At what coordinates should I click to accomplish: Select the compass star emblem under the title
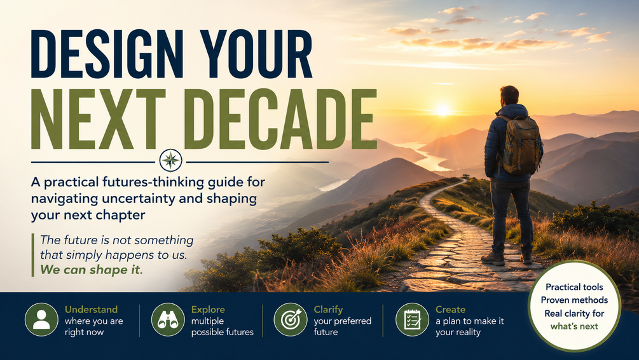pyautogui.click(x=171, y=160)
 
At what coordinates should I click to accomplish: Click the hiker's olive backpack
pyautogui.click(x=521, y=145)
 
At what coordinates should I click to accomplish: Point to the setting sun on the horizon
pyautogui.click(x=443, y=110)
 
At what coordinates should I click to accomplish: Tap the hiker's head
pyautogui.click(x=510, y=95)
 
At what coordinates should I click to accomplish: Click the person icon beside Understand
pyautogui.click(x=41, y=320)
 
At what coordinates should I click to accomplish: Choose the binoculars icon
pyautogui.click(x=168, y=320)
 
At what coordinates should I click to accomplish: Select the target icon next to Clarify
pyautogui.click(x=290, y=320)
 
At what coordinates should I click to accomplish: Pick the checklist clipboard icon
pyautogui.click(x=413, y=320)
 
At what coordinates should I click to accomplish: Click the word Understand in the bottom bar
pyautogui.click(x=92, y=310)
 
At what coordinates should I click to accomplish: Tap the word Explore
pyautogui.click(x=208, y=310)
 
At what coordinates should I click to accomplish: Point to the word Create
pyautogui.click(x=450, y=310)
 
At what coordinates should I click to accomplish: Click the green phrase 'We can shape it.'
pyautogui.click(x=92, y=270)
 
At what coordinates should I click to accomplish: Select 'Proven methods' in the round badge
pyautogui.click(x=574, y=300)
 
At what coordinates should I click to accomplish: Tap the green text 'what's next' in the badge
pyautogui.click(x=574, y=326)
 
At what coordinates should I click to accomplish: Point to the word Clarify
pyautogui.click(x=328, y=310)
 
